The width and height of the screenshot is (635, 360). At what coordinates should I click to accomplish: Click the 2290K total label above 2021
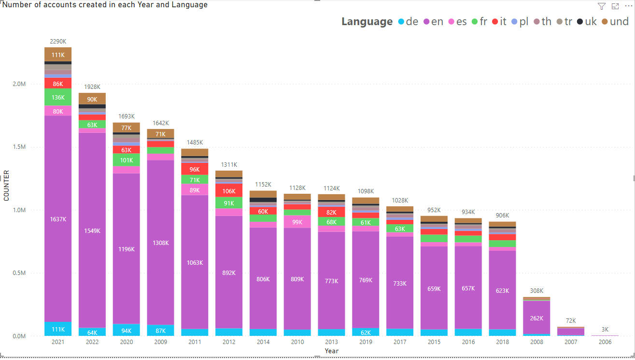point(58,42)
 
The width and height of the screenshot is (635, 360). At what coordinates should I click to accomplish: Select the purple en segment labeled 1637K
point(58,219)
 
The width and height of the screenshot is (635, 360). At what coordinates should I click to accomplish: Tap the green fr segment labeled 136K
point(58,97)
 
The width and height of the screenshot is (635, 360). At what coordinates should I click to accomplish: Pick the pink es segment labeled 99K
point(297,222)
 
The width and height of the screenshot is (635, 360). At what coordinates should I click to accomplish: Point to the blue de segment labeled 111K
point(58,329)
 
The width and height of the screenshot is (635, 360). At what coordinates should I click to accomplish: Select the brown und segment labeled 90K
point(92,99)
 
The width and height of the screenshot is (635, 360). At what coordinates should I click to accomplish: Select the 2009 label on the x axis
point(160,342)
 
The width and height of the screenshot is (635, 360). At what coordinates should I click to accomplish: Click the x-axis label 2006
point(605,342)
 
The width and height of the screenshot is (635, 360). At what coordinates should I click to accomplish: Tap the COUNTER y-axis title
point(6,186)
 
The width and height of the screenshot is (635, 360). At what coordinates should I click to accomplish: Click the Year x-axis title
point(331,351)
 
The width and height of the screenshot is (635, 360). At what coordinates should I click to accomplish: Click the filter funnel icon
point(601,6)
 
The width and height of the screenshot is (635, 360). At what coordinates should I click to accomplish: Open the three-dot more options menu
point(627,6)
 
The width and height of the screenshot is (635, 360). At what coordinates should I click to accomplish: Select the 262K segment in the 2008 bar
point(536,318)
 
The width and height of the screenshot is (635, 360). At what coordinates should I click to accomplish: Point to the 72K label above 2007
point(571,321)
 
